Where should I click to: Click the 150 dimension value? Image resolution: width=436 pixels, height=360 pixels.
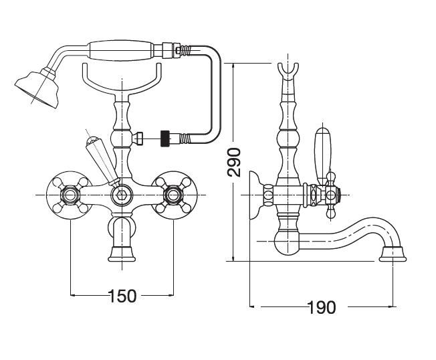coord(122,295)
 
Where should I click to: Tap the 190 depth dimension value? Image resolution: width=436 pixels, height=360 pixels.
coord(321,308)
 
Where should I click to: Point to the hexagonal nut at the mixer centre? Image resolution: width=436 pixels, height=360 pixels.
coord(122,194)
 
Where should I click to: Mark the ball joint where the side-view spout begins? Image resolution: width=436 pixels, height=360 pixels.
coord(288,241)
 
